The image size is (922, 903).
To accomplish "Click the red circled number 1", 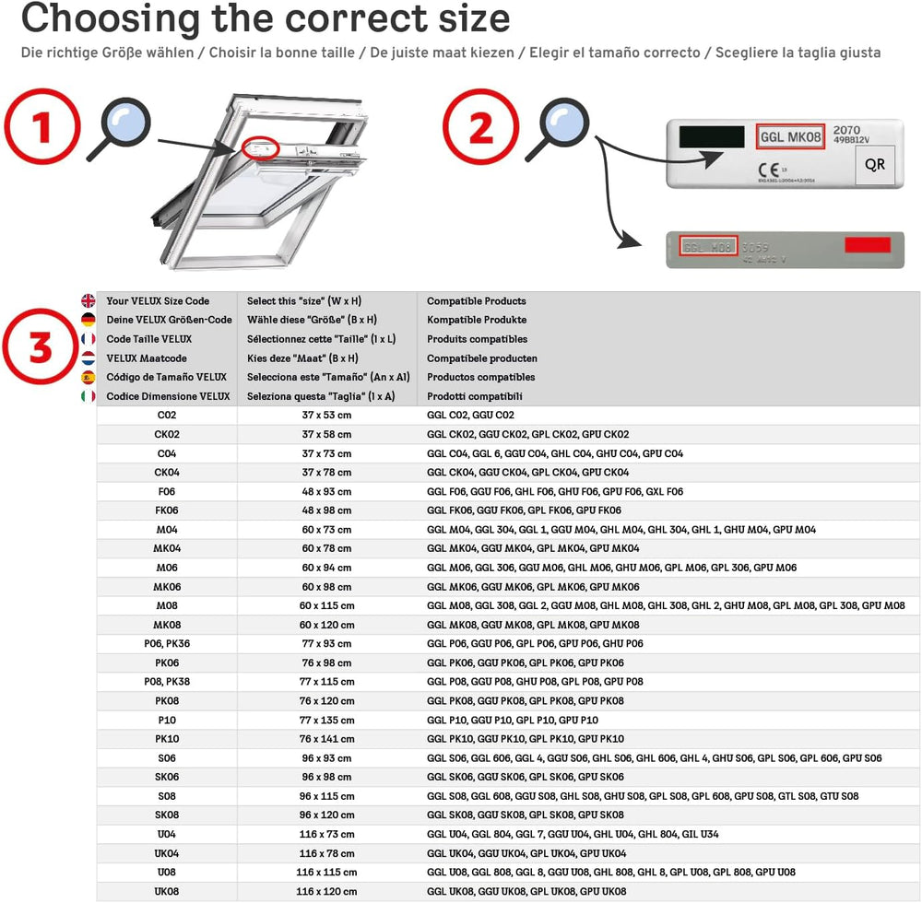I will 41,129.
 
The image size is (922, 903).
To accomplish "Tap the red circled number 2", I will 481,128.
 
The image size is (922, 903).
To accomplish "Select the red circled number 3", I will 41,349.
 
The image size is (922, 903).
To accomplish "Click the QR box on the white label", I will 874,165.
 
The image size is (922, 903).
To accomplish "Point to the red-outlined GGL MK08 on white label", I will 789,137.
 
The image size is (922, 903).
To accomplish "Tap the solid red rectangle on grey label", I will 868,245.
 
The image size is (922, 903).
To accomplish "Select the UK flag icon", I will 89,300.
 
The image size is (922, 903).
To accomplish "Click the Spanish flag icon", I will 89,377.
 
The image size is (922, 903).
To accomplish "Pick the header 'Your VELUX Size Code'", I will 158,301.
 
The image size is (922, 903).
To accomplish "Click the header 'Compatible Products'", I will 476,301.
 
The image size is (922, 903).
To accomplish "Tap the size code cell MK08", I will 167,625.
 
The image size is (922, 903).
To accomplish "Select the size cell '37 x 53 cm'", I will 326,416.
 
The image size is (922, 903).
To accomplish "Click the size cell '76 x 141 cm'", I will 326,739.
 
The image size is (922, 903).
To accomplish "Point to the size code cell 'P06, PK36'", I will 167,644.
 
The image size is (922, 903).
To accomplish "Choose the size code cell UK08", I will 167,891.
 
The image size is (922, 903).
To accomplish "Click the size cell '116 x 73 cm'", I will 326,834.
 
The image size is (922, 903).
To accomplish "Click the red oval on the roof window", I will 261,147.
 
